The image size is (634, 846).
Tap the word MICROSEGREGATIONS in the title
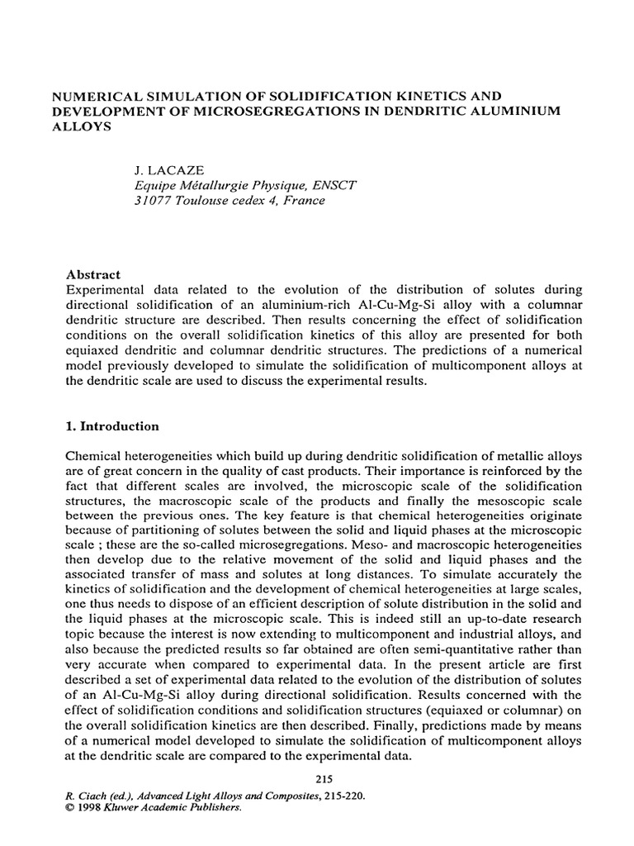268,112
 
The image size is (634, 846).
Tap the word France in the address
304,200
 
